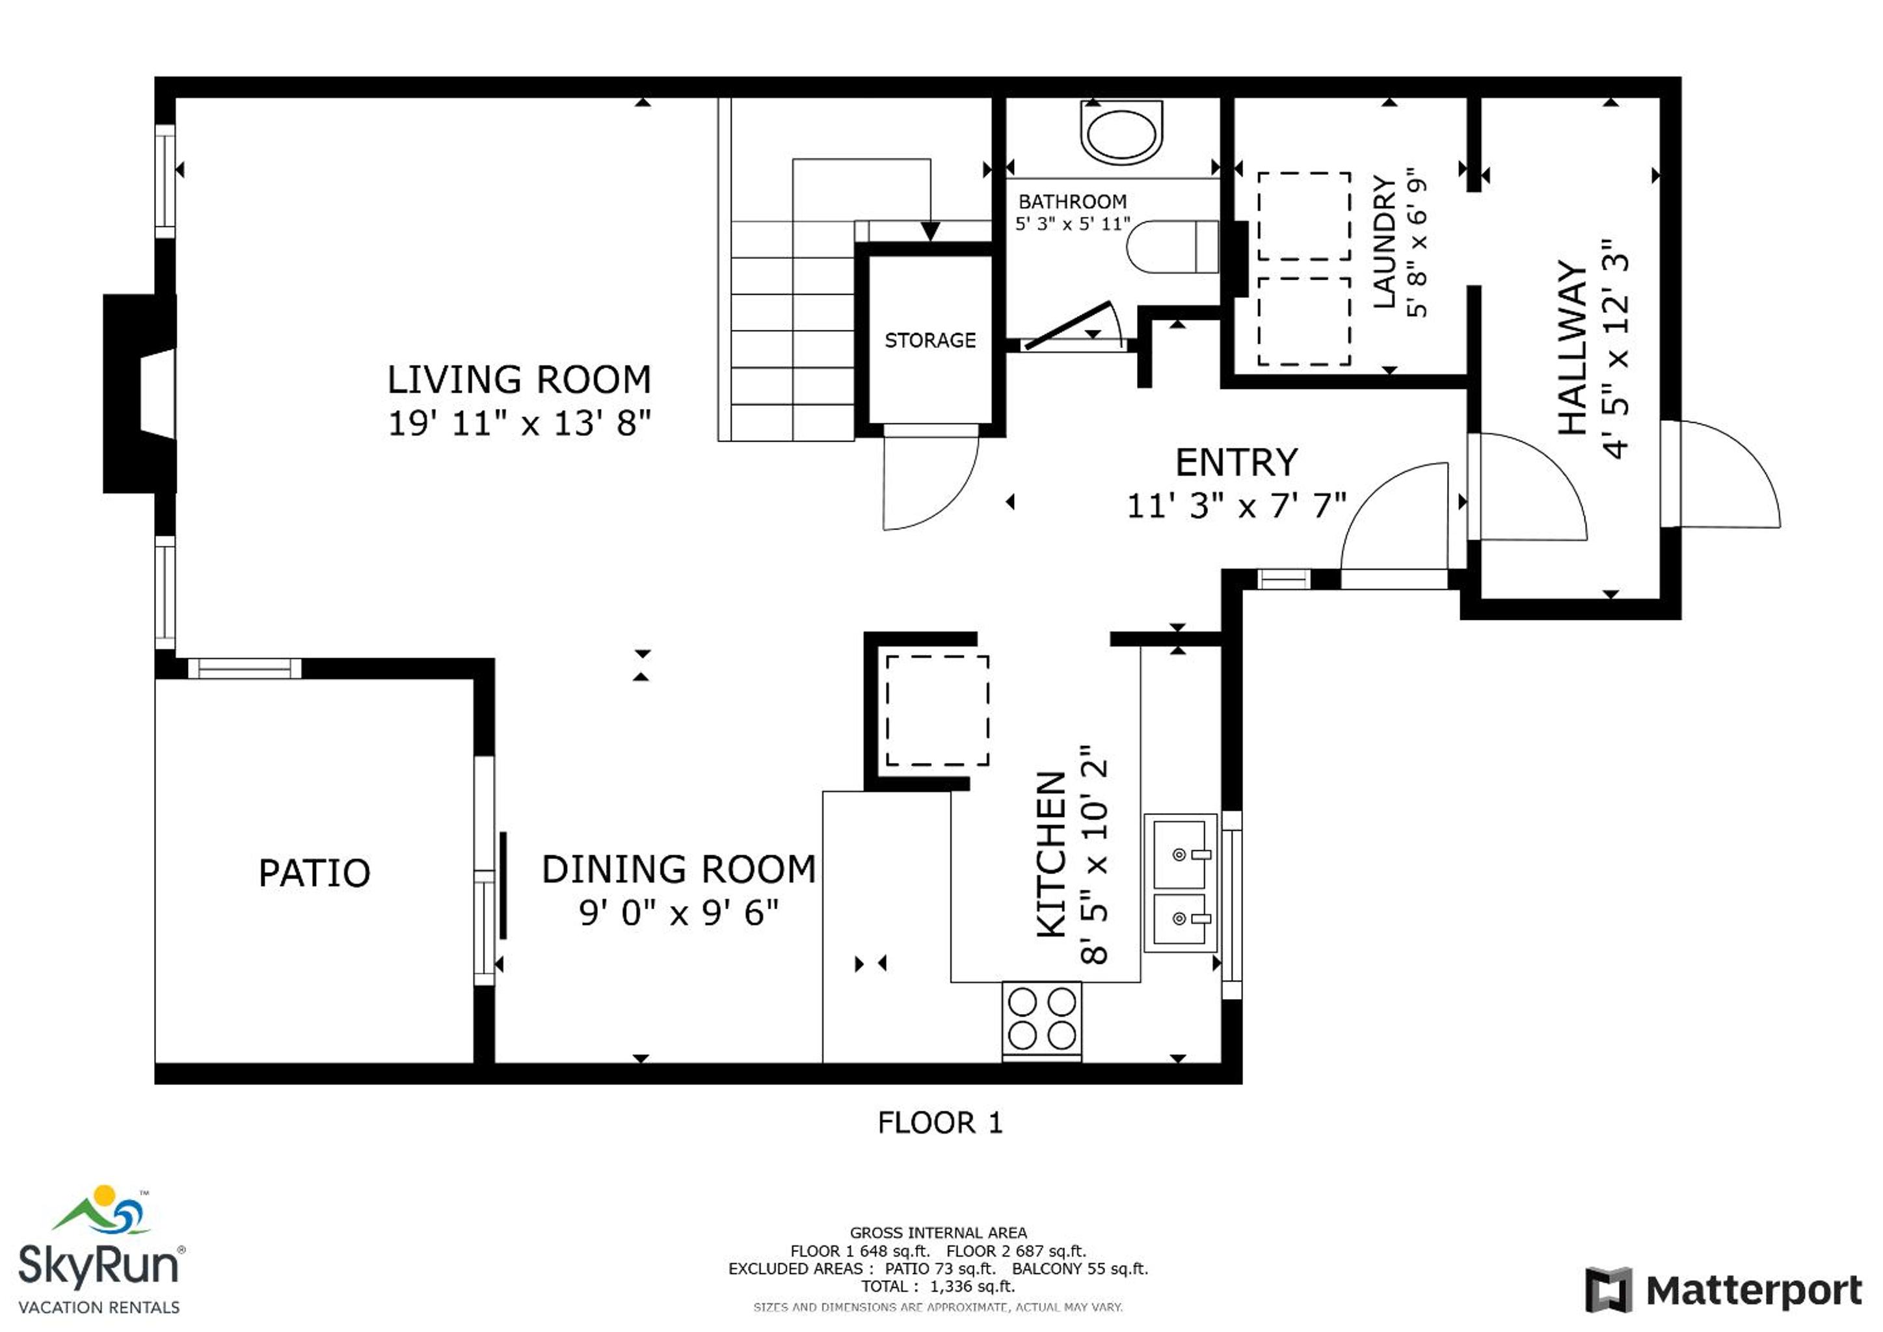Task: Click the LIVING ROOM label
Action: point(519,380)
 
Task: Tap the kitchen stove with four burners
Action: point(1041,1020)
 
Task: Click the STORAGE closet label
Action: point(930,340)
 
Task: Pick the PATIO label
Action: point(314,873)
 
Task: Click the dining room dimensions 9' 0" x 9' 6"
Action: point(679,912)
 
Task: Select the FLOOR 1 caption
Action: point(940,1122)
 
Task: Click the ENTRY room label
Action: point(1236,462)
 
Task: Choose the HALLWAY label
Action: point(1572,348)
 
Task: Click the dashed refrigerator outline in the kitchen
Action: point(937,711)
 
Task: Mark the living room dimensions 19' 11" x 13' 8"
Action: point(519,423)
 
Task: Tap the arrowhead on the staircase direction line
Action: point(930,232)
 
